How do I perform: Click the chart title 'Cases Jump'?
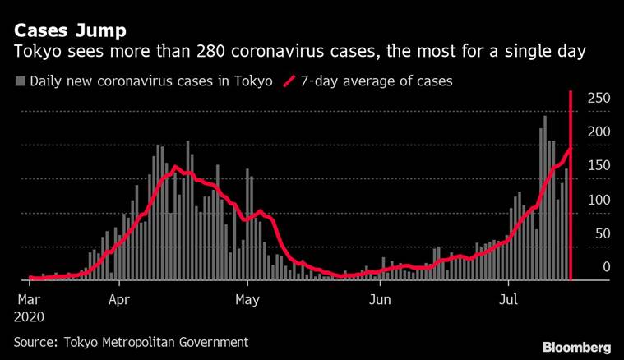(x=70, y=31)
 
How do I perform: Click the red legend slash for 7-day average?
(x=289, y=81)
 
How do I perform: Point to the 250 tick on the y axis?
(x=598, y=98)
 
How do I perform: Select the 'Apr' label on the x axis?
(x=121, y=299)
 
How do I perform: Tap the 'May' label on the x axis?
(x=247, y=299)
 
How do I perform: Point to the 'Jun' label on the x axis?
(x=381, y=299)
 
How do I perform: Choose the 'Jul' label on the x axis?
(x=510, y=299)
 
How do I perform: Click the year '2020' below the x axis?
(x=30, y=316)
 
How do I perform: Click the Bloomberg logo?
(x=576, y=347)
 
